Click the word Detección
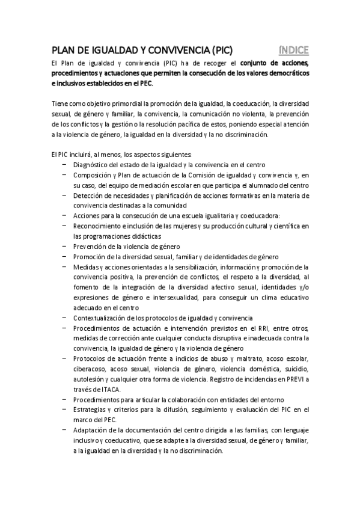pos(86,195)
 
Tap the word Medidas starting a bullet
pos(84,266)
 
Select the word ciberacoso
pos(88,369)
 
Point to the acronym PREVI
pos(293,379)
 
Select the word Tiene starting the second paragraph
pos(59,103)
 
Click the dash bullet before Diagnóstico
pos(64,164)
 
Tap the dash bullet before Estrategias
pos(64,410)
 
